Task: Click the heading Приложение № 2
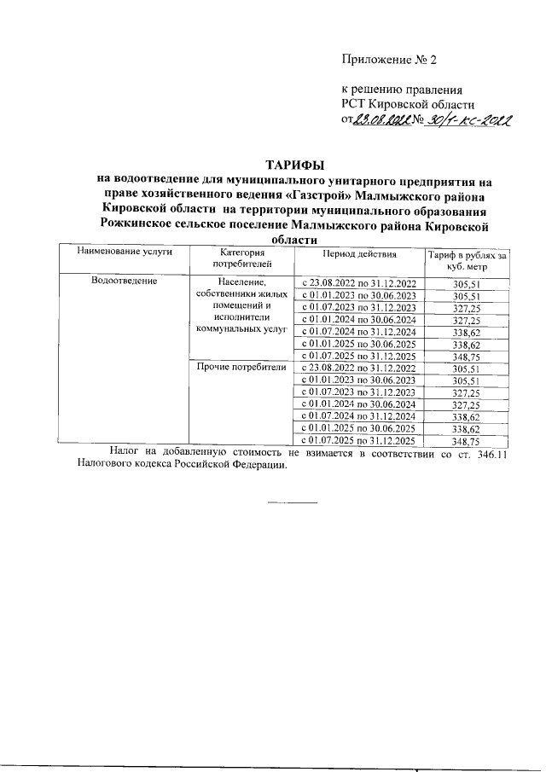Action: pyautogui.click(x=388, y=60)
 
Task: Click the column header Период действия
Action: pyautogui.click(x=359, y=254)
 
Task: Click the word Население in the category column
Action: pyautogui.click(x=243, y=282)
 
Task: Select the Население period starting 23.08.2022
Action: pyautogui.click(x=359, y=283)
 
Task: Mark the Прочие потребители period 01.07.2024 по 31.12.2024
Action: pyautogui.click(x=359, y=416)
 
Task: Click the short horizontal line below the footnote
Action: pyautogui.click(x=292, y=501)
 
